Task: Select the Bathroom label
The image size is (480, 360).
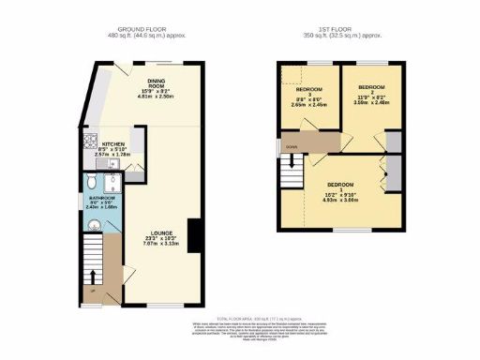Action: [x=102, y=198]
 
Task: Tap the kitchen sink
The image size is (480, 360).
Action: [x=112, y=165]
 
